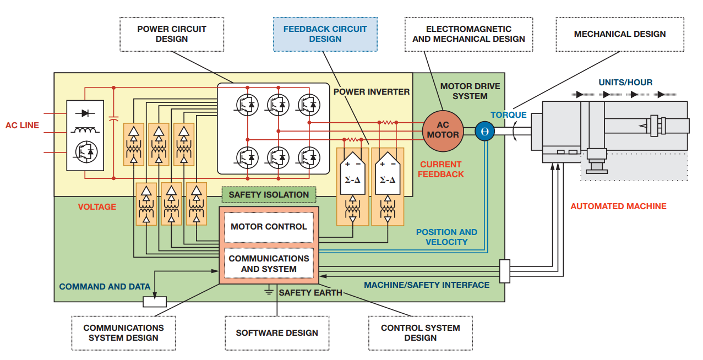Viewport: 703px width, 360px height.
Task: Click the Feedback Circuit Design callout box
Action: click(325, 34)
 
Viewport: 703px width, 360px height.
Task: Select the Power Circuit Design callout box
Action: click(172, 34)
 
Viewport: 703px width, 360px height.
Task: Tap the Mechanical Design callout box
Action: click(619, 34)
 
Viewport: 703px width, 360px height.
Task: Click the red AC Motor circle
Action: click(443, 130)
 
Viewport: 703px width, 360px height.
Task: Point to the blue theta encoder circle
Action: click(485, 131)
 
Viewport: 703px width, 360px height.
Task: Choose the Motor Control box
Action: click(269, 227)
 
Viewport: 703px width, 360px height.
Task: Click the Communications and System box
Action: click(269, 264)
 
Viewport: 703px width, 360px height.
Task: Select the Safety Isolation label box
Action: click(269, 194)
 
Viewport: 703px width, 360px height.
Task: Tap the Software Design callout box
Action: click(277, 332)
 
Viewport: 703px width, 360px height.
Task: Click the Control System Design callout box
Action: click(420, 332)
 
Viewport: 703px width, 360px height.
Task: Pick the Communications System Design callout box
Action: click(123, 332)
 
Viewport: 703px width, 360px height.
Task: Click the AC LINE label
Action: click(23, 126)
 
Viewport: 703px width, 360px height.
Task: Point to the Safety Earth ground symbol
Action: click(269, 290)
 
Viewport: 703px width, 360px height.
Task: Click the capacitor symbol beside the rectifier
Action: click(114, 119)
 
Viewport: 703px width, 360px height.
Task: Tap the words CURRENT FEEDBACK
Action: click(440, 169)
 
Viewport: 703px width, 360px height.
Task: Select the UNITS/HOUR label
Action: click(625, 83)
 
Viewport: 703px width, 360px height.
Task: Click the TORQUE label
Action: click(509, 115)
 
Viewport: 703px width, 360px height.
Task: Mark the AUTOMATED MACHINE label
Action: click(618, 206)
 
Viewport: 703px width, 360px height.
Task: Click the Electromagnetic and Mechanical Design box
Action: click(468, 34)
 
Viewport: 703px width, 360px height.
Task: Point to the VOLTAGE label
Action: click(97, 207)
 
